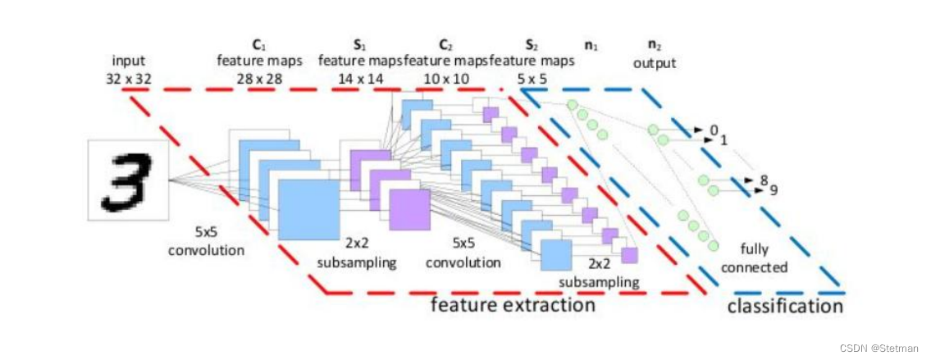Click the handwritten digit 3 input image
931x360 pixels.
[x=127, y=180]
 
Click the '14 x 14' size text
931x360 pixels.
[x=363, y=78]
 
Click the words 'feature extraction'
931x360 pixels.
[x=513, y=305]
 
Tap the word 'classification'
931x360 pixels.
[x=785, y=306]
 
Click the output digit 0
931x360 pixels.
[x=714, y=130]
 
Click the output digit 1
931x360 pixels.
[x=723, y=140]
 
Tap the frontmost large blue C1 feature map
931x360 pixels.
[x=308, y=209]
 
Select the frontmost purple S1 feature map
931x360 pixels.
[x=409, y=209]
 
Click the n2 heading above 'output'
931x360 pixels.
[x=654, y=46]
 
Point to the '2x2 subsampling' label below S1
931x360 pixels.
[x=356, y=254]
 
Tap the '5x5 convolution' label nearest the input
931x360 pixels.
[x=206, y=242]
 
